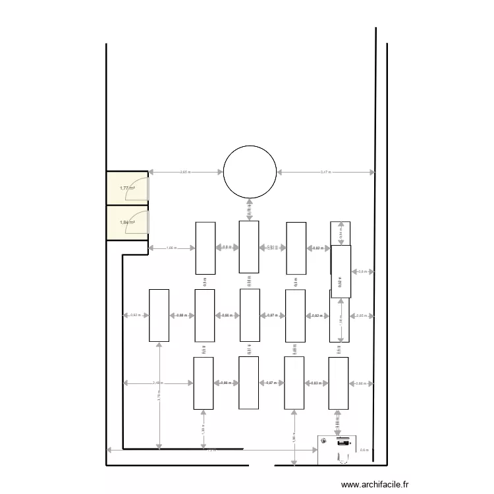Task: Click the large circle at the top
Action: click(250, 172)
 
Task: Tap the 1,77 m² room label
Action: click(127, 188)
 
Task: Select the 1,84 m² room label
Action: click(127, 222)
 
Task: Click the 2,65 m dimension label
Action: click(186, 172)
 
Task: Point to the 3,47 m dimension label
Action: click(325, 172)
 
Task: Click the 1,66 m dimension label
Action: click(171, 248)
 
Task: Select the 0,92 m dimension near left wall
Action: click(135, 316)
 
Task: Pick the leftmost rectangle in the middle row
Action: click(159, 316)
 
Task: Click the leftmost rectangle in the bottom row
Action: click(203, 383)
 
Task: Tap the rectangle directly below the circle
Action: click(249, 246)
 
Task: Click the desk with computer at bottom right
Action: click(339, 450)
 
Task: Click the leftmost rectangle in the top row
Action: click(206, 248)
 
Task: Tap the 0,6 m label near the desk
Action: click(365, 450)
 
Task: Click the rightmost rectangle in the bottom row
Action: click(339, 383)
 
